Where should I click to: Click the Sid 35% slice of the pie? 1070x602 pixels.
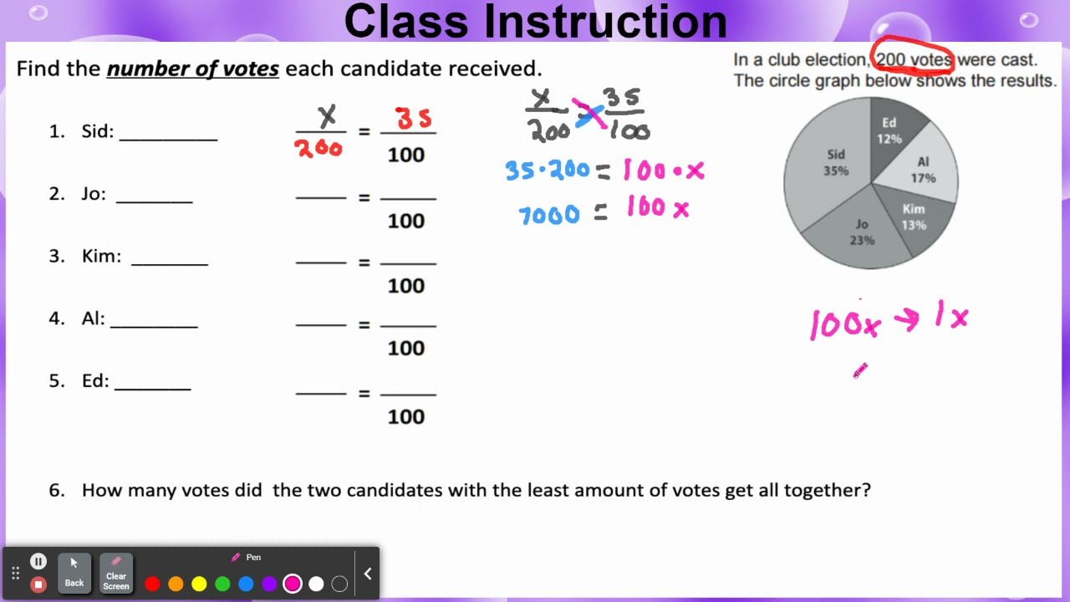point(828,167)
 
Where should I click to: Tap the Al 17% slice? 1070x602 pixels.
point(923,171)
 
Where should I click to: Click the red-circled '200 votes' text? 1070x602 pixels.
point(914,60)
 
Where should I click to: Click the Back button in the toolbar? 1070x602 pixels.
point(74,573)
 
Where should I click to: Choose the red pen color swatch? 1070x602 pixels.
point(152,584)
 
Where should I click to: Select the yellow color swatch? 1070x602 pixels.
point(199,584)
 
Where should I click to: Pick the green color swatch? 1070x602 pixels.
point(222,584)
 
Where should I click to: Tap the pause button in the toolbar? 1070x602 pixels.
point(38,562)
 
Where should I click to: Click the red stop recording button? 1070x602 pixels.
point(38,584)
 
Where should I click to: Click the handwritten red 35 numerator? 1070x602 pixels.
point(414,119)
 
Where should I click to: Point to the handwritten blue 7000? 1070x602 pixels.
point(549,215)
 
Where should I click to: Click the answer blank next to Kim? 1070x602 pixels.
point(169,258)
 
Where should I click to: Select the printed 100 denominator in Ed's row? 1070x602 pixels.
point(406,416)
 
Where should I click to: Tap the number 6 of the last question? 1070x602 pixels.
point(57,491)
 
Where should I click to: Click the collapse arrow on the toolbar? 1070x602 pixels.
point(367,574)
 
